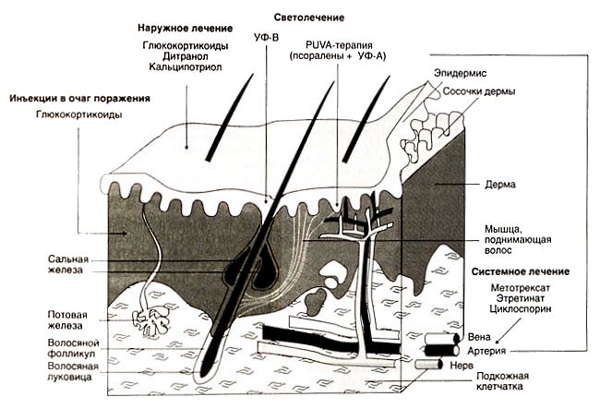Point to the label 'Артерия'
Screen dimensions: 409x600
pos(486,351)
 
